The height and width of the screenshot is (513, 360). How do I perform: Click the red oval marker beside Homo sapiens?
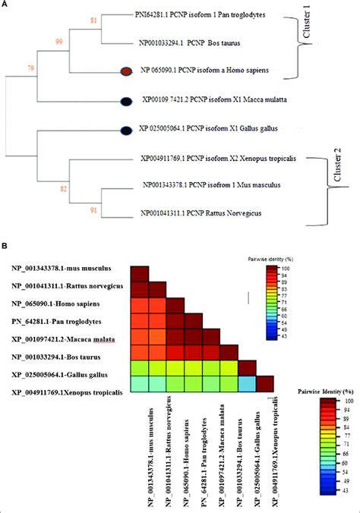(128, 71)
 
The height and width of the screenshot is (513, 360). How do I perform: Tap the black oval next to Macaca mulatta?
(128, 99)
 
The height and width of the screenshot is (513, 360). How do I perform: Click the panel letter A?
(5, 5)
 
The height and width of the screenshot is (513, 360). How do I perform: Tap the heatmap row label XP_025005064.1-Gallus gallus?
(65, 374)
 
